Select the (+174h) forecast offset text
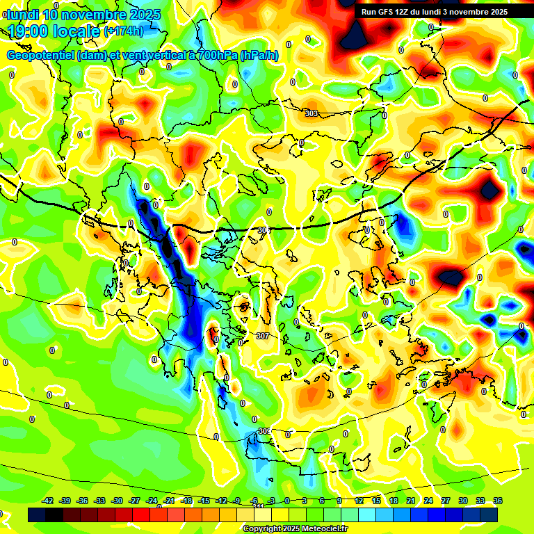[123, 31]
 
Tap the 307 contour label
[262, 336]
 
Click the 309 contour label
[264, 431]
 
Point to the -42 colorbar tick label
[48, 501]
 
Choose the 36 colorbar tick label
[498, 501]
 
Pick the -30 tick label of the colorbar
[118, 501]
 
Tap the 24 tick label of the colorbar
[428, 501]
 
